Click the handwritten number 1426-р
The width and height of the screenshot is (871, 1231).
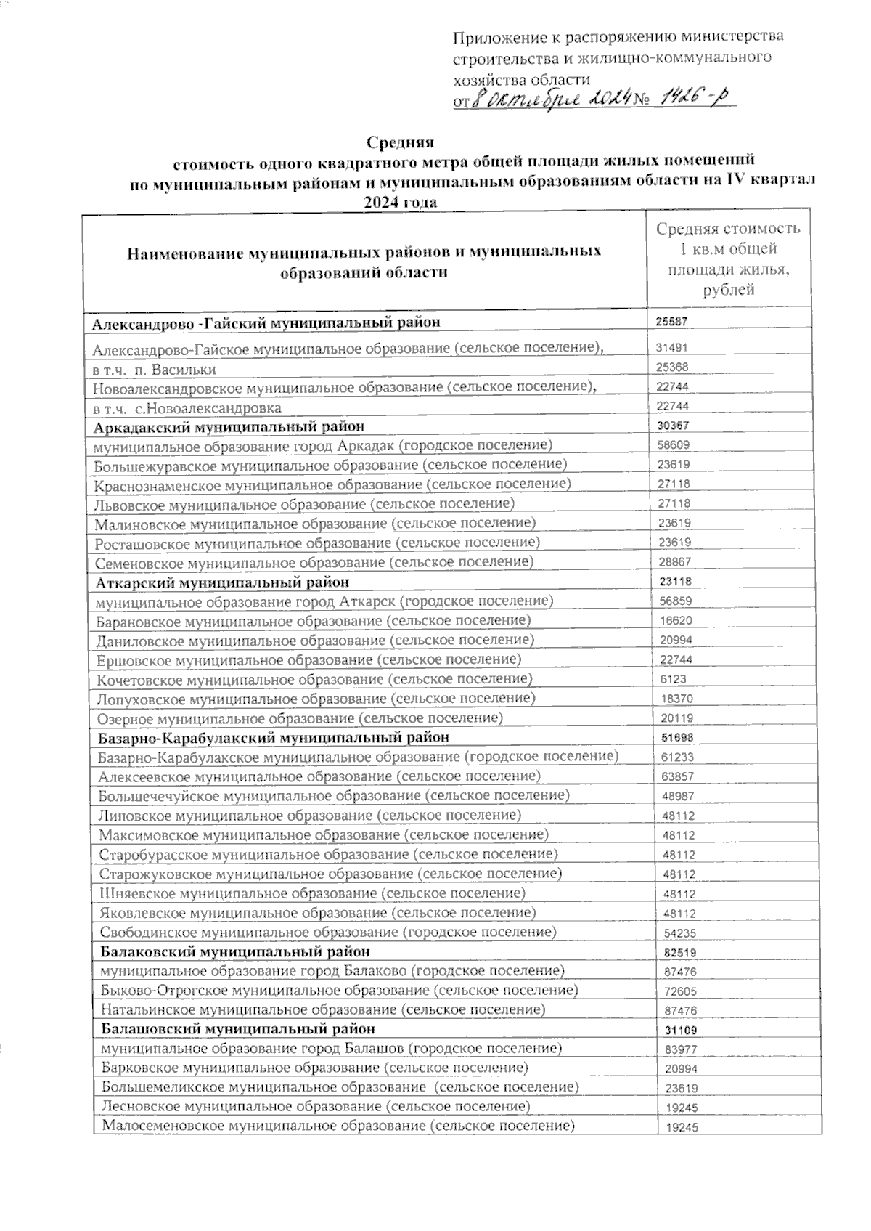coord(686,99)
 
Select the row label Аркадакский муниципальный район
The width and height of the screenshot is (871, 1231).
coord(229,426)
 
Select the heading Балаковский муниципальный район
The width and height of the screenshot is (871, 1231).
coord(235,951)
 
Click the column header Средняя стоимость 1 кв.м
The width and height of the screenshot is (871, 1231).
coord(728,259)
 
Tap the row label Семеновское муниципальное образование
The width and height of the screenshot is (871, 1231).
coord(314,562)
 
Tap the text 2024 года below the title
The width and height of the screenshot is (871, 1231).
coord(401,202)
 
